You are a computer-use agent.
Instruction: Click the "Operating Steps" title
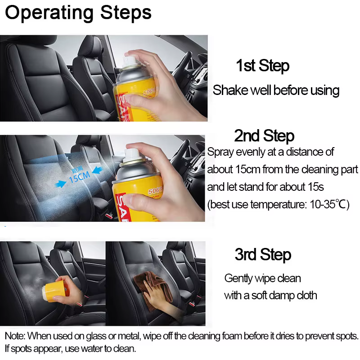(x=78, y=13)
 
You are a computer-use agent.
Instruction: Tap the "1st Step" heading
(x=263, y=66)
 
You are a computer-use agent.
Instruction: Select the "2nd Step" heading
(x=264, y=136)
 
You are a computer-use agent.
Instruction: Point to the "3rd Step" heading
(x=263, y=255)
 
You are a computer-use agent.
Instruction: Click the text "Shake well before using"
(x=276, y=90)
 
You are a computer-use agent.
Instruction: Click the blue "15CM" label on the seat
(x=80, y=177)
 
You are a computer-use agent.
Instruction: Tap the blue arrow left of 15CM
(x=61, y=184)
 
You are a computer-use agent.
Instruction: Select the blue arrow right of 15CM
(x=97, y=171)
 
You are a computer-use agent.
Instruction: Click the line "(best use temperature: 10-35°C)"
(x=278, y=204)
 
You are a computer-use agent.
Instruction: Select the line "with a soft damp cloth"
(x=270, y=295)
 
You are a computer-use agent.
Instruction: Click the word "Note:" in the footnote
(x=15, y=336)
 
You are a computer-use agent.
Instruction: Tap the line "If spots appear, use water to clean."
(x=71, y=349)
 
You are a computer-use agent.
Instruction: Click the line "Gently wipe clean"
(x=262, y=279)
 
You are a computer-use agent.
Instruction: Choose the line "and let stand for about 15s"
(x=265, y=187)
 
